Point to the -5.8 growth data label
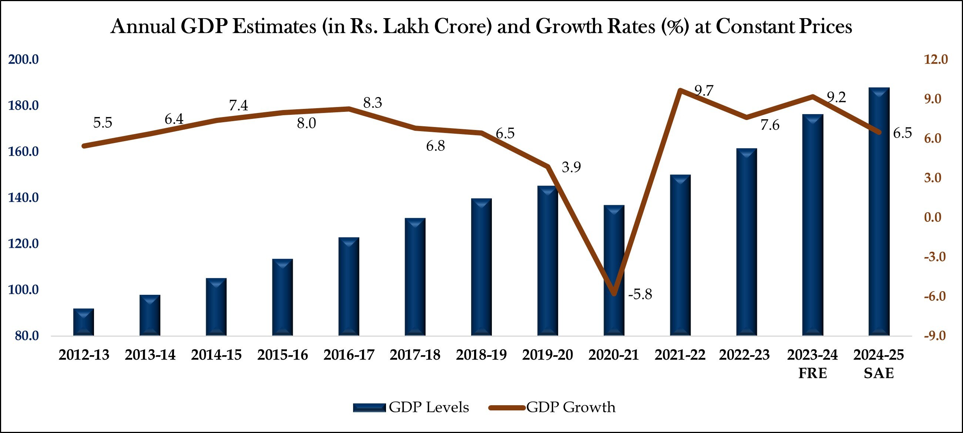pos(640,294)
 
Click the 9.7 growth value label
pos(704,91)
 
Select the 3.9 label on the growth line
pos(571,167)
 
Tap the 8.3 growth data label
pos(372,103)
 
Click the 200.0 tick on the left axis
pos(23,60)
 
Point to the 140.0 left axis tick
pos(23,197)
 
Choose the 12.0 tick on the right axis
pos(936,60)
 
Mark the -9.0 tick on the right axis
pos(935,336)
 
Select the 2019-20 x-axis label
pos(547,355)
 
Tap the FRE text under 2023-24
pos(812,373)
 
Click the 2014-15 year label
pos(216,355)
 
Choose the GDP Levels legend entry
pos(411,407)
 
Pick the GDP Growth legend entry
pos(553,407)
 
